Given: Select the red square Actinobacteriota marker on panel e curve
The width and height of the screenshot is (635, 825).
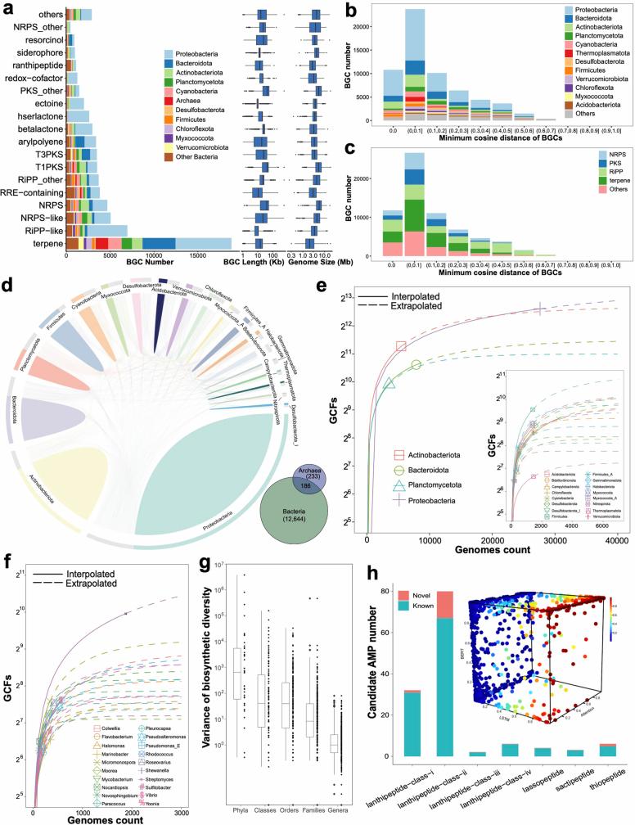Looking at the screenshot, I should (x=401, y=346).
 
